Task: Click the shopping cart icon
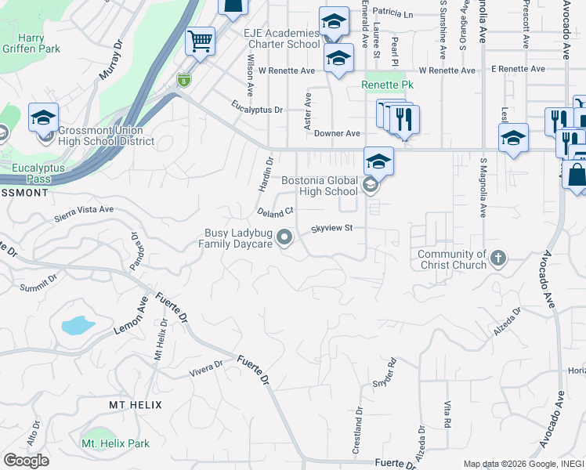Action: (x=200, y=40)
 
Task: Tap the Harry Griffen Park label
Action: (x=28, y=43)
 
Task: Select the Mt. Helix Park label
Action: (x=115, y=443)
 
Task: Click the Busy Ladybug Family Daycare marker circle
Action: (x=285, y=236)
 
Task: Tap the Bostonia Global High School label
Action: (x=319, y=186)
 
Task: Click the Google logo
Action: (x=26, y=461)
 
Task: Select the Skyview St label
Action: (x=333, y=229)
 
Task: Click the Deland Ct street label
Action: (x=275, y=211)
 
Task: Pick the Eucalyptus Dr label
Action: (x=257, y=110)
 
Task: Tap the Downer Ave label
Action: (x=337, y=134)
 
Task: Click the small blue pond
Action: (x=77, y=325)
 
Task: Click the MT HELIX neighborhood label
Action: (x=135, y=404)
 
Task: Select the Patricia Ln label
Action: (x=392, y=13)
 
